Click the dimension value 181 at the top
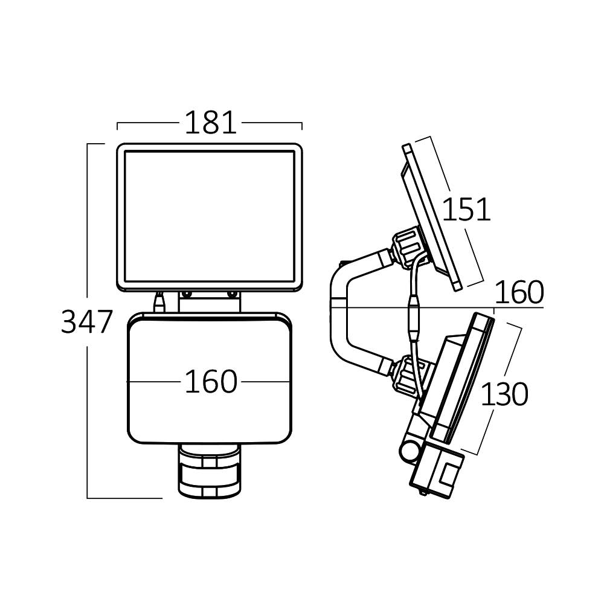210,123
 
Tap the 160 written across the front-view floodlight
210,382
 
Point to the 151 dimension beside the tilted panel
466,210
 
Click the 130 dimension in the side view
504,395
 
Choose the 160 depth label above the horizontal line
519,293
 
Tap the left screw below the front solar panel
187,295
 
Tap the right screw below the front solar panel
232,295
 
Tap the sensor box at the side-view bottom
438,475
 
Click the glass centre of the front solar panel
209,216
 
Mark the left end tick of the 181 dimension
117,126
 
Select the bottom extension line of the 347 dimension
124,498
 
